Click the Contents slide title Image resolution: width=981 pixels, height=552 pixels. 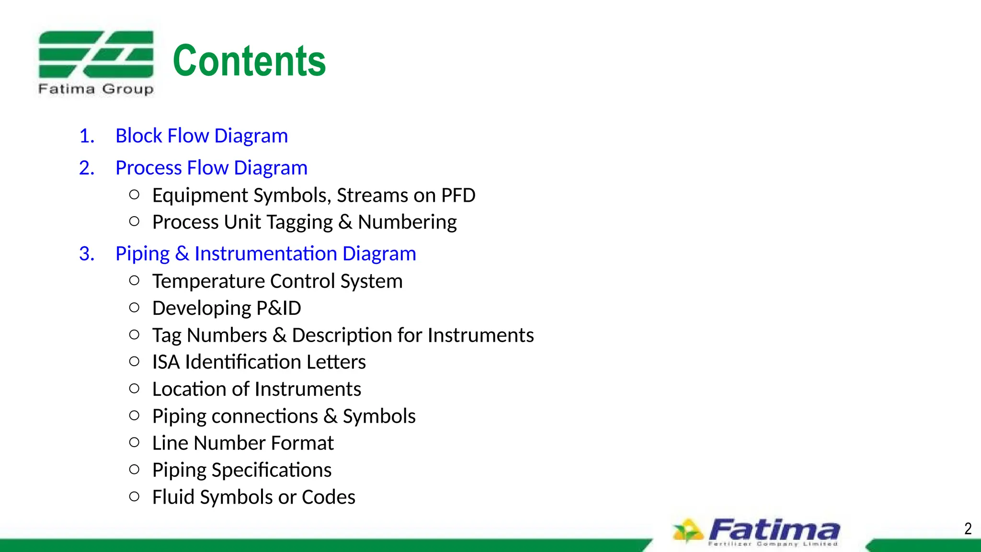point(249,61)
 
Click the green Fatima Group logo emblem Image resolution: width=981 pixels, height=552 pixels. point(96,54)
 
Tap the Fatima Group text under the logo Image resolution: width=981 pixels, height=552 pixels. point(96,89)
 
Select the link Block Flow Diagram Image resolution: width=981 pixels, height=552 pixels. point(202,136)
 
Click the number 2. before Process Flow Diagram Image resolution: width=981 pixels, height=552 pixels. point(87,168)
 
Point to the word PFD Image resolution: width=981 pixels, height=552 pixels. point(458,195)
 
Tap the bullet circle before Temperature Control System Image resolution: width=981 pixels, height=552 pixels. point(135,281)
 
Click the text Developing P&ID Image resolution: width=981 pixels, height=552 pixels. point(227,308)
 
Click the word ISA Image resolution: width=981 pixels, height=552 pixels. point(166,362)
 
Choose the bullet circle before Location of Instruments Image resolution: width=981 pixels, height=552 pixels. point(135,389)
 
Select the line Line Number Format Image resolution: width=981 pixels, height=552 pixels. point(243,443)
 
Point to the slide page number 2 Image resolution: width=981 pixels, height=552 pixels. point(968,529)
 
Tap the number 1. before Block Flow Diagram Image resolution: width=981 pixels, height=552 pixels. point(87,136)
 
